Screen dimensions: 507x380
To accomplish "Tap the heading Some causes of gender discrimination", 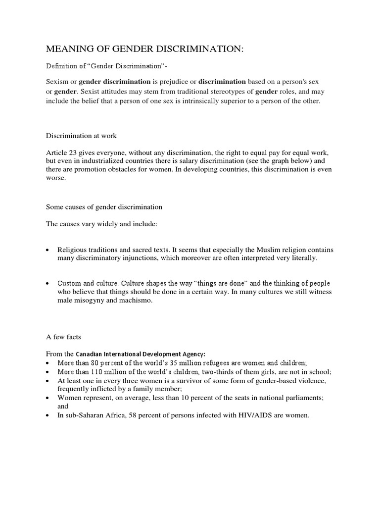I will pyautogui.click(x=104, y=206).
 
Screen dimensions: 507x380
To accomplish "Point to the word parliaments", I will pyautogui.click(x=297, y=398).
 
